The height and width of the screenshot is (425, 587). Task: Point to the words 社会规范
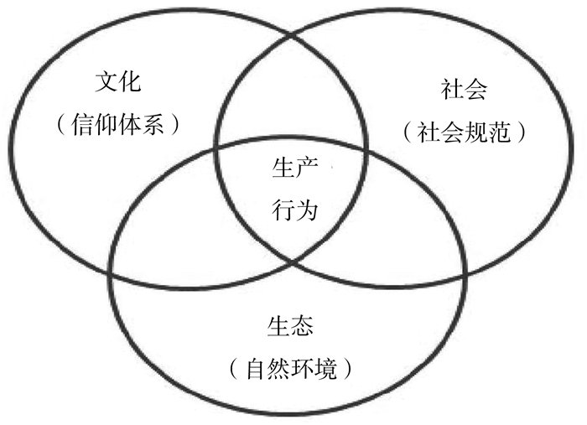pos(464,132)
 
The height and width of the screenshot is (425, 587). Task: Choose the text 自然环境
pos(288,367)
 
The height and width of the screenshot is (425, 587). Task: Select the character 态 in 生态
pos(304,325)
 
